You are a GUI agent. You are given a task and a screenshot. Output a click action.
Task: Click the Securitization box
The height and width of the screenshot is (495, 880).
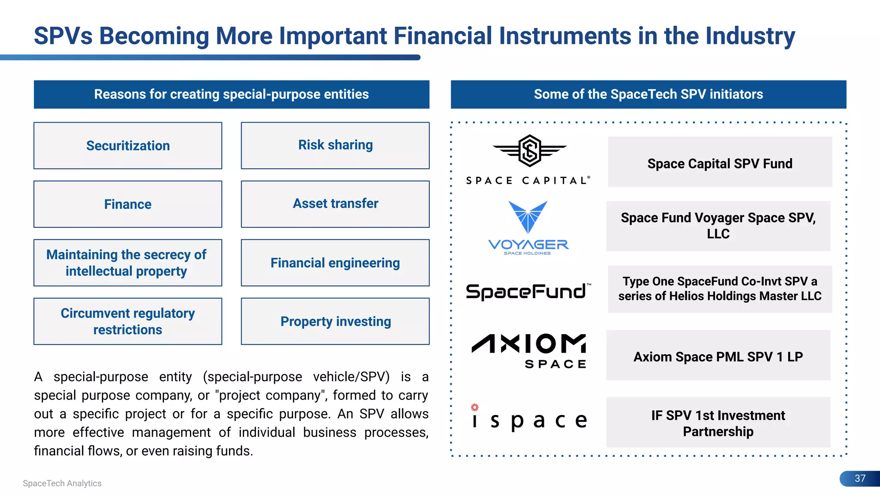click(128, 146)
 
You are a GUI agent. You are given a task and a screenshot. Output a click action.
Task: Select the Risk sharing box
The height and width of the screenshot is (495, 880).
click(335, 145)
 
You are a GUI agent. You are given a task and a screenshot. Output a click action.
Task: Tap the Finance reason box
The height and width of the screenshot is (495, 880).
click(128, 204)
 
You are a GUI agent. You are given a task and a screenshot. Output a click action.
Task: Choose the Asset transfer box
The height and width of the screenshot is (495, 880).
click(335, 204)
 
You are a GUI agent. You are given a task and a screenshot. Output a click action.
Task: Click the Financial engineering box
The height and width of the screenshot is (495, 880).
click(335, 263)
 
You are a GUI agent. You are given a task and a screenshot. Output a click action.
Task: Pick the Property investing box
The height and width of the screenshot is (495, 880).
click(335, 321)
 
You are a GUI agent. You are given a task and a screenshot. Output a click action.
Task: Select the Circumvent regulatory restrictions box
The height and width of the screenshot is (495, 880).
click(128, 321)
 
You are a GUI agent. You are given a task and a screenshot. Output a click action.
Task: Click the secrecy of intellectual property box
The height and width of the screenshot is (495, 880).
click(128, 263)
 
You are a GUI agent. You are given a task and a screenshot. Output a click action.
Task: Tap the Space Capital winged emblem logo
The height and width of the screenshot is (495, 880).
click(529, 151)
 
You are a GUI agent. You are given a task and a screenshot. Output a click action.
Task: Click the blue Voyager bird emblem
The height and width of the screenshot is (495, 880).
click(528, 216)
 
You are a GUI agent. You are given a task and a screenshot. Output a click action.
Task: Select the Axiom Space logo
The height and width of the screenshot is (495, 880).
click(529, 351)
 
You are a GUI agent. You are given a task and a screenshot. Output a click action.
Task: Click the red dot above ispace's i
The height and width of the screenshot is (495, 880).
click(474, 407)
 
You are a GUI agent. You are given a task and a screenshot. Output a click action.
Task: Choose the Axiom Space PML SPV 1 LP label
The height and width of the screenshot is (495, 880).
click(718, 357)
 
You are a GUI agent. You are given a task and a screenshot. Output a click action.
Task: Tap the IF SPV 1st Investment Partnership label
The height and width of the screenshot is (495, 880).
click(718, 423)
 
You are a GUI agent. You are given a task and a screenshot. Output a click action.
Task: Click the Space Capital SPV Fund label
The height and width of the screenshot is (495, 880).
click(720, 163)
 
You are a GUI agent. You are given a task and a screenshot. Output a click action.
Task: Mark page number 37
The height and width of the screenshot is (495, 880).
click(860, 478)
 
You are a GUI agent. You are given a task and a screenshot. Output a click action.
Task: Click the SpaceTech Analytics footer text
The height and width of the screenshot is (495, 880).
click(62, 483)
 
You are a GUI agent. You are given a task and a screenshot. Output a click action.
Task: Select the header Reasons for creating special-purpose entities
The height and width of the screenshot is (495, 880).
click(231, 94)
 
